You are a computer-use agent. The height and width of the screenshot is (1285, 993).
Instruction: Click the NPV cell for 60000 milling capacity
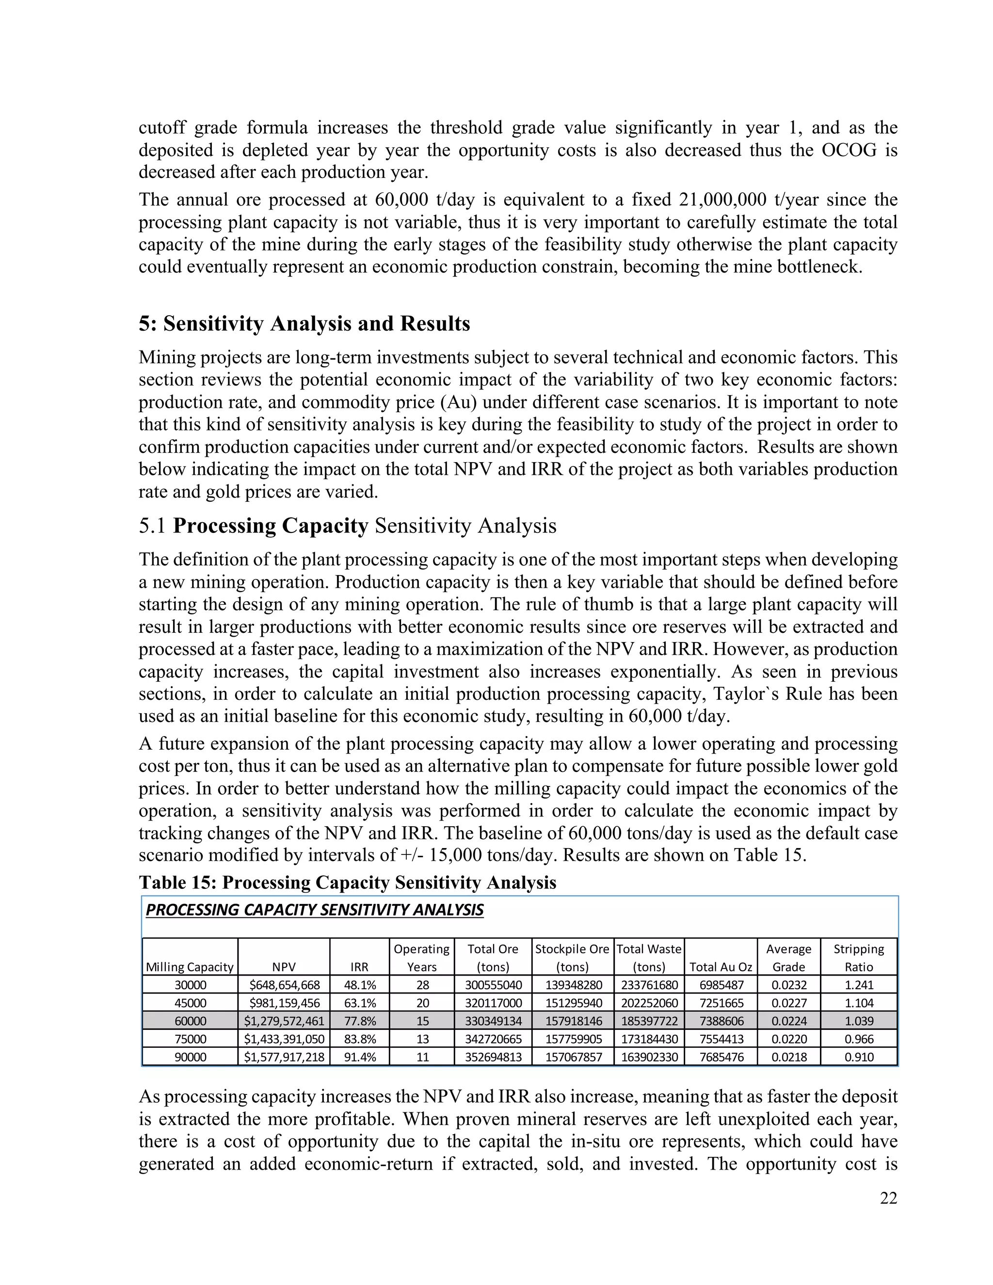click(284, 1021)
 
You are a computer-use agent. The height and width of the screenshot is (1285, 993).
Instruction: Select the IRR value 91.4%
click(359, 1057)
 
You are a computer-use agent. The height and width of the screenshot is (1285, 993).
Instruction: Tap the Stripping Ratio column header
click(858, 957)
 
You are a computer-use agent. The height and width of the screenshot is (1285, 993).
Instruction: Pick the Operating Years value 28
click(422, 985)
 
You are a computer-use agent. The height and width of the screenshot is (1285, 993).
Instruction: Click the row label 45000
click(190, 1003)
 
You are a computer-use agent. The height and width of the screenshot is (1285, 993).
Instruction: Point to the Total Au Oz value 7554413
click(721, 1039)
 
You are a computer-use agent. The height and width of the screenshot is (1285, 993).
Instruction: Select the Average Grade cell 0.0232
click(788, 985)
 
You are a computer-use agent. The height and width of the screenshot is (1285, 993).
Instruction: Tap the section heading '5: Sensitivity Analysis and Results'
click(304, 323)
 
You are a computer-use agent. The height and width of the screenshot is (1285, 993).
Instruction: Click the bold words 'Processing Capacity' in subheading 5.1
click(271, 526)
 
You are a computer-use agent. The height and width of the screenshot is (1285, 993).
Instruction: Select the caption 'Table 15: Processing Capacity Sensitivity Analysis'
click(347, 883)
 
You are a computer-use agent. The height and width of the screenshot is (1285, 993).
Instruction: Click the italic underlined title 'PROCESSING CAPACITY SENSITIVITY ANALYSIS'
click(314, 910)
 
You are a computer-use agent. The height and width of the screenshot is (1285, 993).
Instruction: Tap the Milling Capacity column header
click(190, 967)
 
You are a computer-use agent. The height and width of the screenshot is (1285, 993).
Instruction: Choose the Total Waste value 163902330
click(649, 1057)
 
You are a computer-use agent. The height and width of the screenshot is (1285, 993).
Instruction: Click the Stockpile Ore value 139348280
click(573, 985)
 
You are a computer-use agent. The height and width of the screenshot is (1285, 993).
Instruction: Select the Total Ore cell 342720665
click(493, 1039)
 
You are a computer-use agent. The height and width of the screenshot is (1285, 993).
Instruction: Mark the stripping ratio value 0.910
click(858, 1057)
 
